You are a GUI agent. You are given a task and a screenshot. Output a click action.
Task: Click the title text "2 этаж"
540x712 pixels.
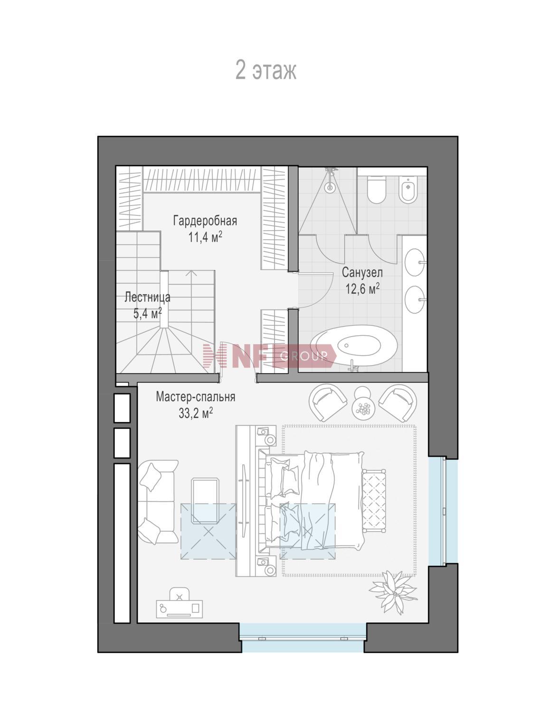click(x=266, y=70)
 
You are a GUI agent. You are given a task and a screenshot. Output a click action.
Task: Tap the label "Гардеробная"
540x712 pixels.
click(x=205, y=221)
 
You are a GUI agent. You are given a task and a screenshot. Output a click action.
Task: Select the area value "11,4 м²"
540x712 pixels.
click(x=205, y=237)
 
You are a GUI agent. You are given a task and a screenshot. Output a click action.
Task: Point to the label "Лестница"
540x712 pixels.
click(x=147, y=298)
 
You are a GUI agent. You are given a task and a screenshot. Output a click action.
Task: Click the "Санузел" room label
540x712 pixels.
click(x=362, y=272)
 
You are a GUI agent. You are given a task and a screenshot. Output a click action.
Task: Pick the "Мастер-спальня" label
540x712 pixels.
click(x=195, y=397)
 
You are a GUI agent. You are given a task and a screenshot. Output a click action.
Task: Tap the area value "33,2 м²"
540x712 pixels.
click(x=195, y=413)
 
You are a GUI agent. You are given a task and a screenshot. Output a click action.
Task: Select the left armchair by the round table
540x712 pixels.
click(x=328, y=403)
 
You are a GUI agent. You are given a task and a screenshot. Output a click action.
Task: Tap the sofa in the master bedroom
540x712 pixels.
click(x=158, y=502)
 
